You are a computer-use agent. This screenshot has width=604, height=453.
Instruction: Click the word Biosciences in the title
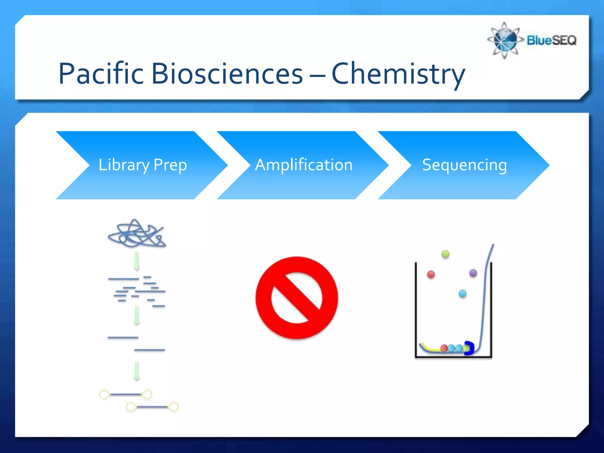pyautogui.click(x=227, y=74)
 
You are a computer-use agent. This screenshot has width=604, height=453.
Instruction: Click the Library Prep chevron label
pyautogui.click(x=142, y=165)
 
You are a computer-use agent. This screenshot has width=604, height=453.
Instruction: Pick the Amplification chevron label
pyautogui.click(x=304, y=165)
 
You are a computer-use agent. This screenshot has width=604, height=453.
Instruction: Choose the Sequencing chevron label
pyautogui.click(x=465, y=165)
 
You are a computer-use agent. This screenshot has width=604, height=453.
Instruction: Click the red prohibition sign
pyautogui.click(x=297, y=298)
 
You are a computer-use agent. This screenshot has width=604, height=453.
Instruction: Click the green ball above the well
pyautogui.click(x=446, y=254)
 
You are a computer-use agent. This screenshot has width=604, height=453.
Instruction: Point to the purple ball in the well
pyautogui.click(x=473, y=273)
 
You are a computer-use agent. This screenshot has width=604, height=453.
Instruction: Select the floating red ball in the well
pyautogui.click(x=431, y=275)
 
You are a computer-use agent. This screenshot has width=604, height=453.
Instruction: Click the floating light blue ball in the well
pyautogui.click(x=462, y=293)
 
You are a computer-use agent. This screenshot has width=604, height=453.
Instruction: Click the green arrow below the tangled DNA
pyautogui.click(x=137, y=261)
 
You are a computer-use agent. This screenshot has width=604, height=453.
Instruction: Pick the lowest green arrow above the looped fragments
pyautogui.click(x=137, y=371)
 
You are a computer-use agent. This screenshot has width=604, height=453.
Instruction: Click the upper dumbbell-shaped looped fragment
pyautogui.click(x=126, y=394)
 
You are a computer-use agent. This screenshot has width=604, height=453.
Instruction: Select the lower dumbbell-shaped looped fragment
pyautogui.click(x=152, y=407)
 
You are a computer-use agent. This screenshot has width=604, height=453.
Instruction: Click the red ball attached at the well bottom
pyautogui.click(x=444, y=348)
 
